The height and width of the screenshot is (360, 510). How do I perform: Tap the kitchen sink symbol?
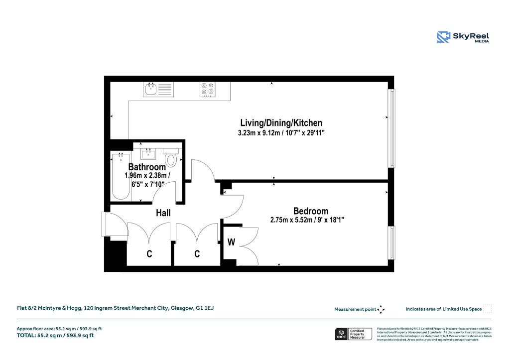tap(159, 90)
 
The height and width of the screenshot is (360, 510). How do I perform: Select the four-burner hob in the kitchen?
tap(208, 89)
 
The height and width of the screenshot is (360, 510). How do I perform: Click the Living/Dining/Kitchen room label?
tap(281, 123)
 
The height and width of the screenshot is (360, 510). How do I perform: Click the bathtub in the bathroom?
tap(120, 176)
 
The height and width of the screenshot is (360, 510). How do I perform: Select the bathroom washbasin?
tap(148, 153)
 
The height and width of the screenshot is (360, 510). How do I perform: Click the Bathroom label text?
tap(147, 167)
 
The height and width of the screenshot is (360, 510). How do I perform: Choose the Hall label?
tap(163, 213)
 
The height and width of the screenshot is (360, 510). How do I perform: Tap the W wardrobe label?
tap(231, 242)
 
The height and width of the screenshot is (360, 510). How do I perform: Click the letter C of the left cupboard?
tap(149, 254)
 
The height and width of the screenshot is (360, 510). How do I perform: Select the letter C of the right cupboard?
tap(197, 254)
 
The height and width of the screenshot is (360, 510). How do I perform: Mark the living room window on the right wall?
tap(391, 128)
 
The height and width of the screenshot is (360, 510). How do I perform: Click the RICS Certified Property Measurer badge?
tap(353, 334)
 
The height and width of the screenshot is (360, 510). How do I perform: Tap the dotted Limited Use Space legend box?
tap(488, 309)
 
